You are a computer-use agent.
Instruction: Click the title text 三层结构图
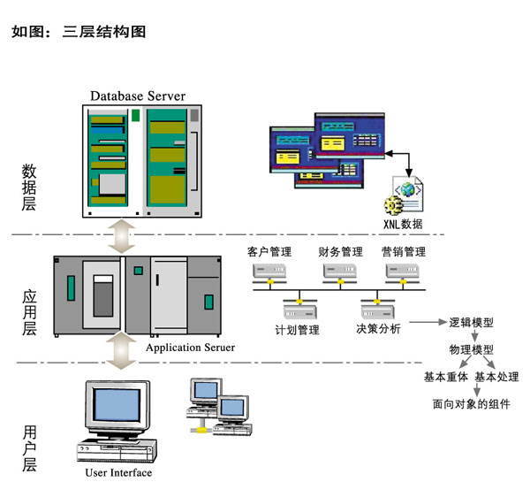coord(104,33)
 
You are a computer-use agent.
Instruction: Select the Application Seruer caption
coord(190,348)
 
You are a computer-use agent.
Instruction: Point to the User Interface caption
coord(118,472)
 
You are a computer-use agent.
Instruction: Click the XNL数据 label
coord(403,224)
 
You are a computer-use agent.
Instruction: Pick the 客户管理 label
coord(269,252)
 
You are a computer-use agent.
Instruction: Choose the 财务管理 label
coord(340,252)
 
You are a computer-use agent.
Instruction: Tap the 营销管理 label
coord(405,252)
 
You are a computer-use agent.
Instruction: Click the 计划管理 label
coord(298,330)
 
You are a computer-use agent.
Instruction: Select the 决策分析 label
coord(378,330)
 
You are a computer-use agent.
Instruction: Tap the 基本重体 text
coord(446,378)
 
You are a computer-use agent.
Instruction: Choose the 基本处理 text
coord(497,378)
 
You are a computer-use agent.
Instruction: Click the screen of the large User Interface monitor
coord(111,409)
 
